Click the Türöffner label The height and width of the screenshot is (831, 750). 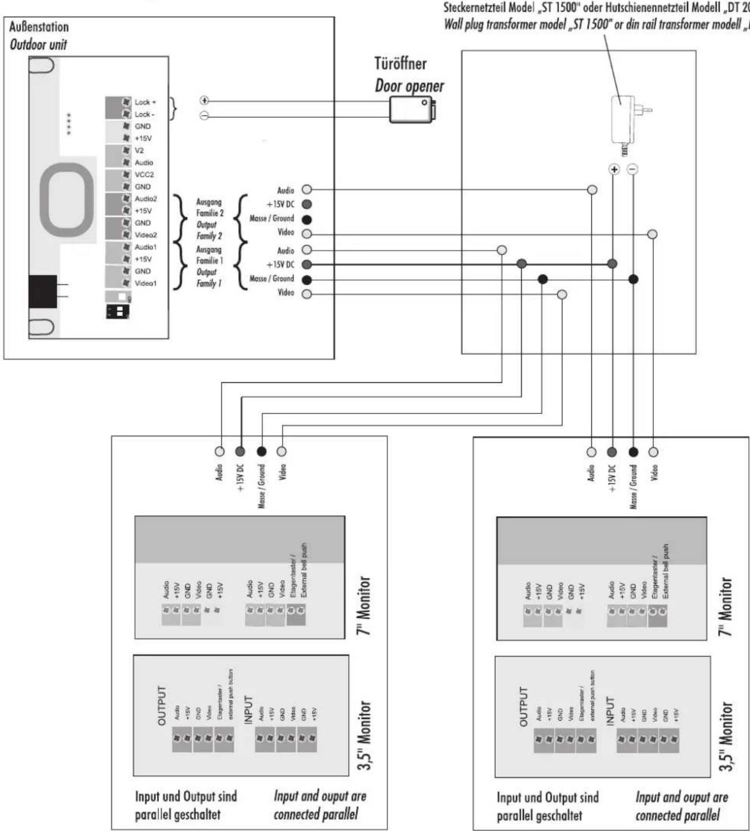[x=400, y=64]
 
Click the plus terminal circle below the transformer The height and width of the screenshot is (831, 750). [x=614, y=169]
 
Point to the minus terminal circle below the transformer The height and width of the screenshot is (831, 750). [x=633, y=169]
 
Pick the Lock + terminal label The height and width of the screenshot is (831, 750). [x=145, y=102]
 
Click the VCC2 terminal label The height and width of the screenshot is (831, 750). [x=144, y=174]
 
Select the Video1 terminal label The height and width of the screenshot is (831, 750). [x=146, y=284]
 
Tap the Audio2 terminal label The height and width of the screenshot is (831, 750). [x=146, y=199]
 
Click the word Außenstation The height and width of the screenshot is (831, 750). [x=39, y=27]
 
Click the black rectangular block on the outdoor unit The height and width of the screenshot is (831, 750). [x=43, y=292]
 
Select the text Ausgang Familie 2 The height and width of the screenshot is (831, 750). [x=209, y=208]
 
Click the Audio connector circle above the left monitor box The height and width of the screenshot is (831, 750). [x=220, y=452]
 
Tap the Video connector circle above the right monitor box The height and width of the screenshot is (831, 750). [x=654, y=452]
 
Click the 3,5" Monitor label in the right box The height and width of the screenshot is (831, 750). [x=726, y=736]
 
